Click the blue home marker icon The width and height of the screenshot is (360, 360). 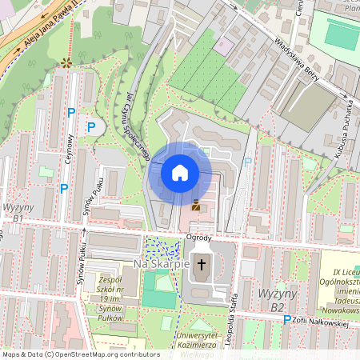click(180, 172)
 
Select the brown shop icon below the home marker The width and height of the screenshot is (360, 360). click(196, 205)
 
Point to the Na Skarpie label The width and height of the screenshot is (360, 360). click(162, 263)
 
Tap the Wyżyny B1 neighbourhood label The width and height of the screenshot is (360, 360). click(18, 212)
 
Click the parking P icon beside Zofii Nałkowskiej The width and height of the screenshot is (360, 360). click(287, 318)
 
